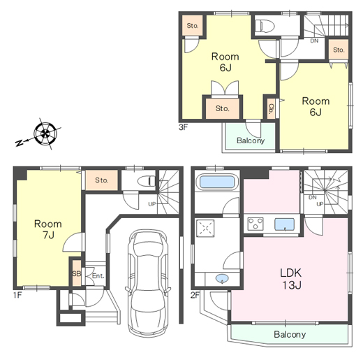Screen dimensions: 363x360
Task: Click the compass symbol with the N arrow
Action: (45, 134)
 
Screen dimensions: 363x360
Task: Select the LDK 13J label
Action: (291, 279)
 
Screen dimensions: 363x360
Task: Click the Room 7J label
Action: (48, 229)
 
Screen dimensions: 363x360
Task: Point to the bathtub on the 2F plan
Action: (217, 182)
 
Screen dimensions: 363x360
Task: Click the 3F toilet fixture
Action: (265, 25)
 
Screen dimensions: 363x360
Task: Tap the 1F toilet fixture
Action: (147, 181)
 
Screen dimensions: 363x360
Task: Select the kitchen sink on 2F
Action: (284, 224)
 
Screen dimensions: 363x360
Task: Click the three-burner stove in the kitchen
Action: (255, 224)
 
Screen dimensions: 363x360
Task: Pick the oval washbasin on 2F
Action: (222, 278)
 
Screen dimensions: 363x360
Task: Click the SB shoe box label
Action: (77, 273)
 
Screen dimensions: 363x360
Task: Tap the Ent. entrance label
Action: (98, 276)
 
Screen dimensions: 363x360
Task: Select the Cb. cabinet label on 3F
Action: (271, 108)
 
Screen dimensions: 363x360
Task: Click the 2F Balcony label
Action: (290, 334)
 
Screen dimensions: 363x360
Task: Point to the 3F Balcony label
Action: (251, 141)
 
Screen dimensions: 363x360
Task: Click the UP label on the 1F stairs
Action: (152, 204)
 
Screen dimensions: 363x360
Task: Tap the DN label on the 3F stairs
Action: (314, 41)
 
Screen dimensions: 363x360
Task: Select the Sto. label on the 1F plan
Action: (102, 180)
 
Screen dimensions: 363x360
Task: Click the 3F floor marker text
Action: (183, 127)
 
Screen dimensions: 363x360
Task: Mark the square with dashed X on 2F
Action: (205, 229)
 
